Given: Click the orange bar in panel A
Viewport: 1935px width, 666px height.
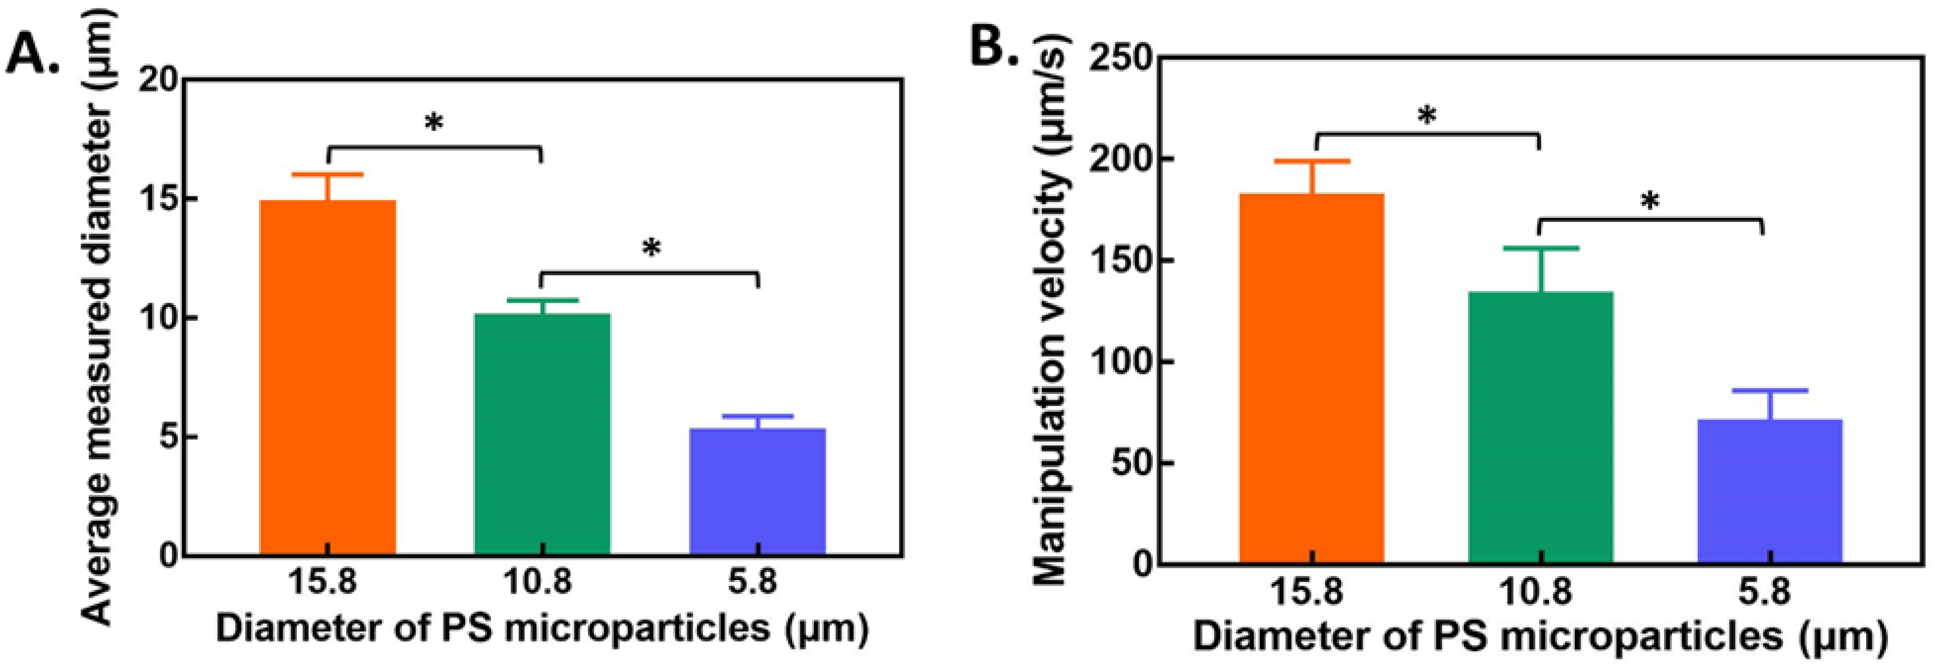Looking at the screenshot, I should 327,376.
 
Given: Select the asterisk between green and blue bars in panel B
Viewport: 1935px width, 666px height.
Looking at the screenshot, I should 1650,202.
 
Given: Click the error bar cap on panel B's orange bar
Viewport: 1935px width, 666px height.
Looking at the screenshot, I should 1312,161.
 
